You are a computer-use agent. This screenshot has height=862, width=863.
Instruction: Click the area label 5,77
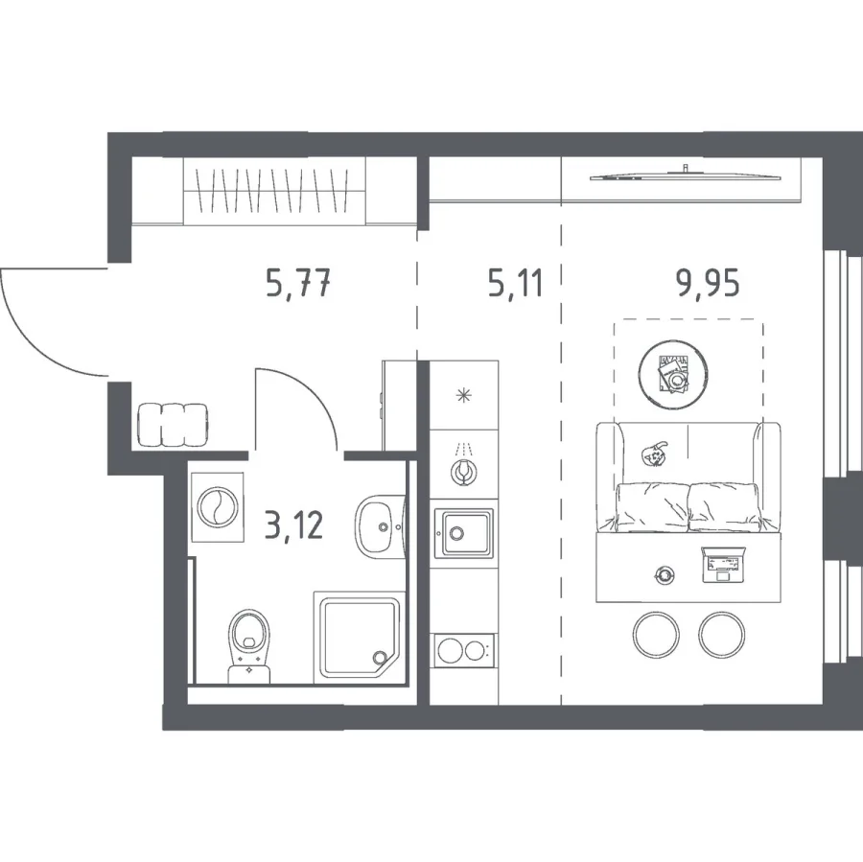click(298, 285)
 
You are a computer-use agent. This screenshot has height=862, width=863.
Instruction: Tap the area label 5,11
click(516, 285)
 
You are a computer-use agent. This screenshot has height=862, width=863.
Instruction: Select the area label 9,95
click(708, 284)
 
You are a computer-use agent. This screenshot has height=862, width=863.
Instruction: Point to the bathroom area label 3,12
click(294, 524)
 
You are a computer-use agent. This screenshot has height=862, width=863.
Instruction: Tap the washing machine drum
click(218, 507)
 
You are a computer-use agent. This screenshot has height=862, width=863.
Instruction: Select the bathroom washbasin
click(381, 526)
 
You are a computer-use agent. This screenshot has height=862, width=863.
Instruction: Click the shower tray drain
click(379, 657)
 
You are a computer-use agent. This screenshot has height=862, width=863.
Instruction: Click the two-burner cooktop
click(464, 650)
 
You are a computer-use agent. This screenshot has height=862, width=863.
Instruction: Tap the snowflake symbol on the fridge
click(464, 395)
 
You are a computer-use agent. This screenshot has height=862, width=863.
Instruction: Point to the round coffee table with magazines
click(673, 375)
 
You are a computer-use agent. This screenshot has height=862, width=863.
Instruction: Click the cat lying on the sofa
click(654, 453)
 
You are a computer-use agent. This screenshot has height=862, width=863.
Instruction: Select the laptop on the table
click(722, 564)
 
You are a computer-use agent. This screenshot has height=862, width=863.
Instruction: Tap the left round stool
click(656, 634)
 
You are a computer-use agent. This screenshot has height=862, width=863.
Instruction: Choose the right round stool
click(721, 634)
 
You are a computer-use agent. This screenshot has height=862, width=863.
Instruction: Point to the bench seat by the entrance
click(173, 425)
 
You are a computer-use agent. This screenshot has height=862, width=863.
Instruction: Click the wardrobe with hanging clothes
click(274, 191)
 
